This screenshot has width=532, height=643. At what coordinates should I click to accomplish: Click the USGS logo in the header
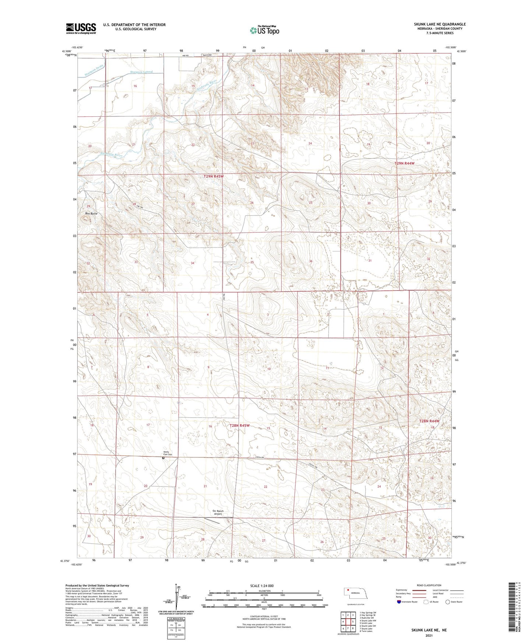(81, 28)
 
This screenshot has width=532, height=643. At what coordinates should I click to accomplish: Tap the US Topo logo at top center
(264, 30)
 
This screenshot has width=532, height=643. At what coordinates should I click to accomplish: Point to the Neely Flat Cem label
(168, 454)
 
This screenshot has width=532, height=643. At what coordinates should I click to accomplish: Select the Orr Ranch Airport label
(218, 512)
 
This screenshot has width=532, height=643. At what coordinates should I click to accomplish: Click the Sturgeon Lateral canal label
(141, 72)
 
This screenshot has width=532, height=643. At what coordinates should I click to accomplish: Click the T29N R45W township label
(214, 176)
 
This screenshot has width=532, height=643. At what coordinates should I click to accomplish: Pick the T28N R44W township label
(429, 421)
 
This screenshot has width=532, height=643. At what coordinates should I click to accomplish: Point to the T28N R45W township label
(240, 425)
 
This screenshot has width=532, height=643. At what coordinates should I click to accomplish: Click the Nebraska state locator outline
(356, 594)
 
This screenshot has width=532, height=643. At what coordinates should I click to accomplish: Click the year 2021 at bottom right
(429, 636)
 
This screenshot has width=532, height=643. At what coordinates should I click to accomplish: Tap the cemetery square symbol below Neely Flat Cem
(163, 458)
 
